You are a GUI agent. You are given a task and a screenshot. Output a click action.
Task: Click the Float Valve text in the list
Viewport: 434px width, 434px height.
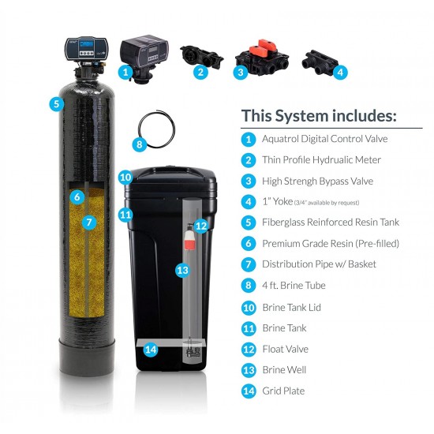285,349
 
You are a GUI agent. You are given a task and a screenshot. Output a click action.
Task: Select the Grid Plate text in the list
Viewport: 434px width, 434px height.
283,391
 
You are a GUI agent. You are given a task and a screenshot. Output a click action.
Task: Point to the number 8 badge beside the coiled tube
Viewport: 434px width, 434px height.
140,145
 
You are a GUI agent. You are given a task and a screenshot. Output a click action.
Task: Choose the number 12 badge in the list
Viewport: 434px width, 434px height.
249,349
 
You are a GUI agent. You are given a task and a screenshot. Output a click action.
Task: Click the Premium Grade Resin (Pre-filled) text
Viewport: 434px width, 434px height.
330,243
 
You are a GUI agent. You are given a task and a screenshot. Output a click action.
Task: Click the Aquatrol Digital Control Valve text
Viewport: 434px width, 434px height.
324,138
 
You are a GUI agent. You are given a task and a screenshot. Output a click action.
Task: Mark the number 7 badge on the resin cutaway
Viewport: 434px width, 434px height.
89,223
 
